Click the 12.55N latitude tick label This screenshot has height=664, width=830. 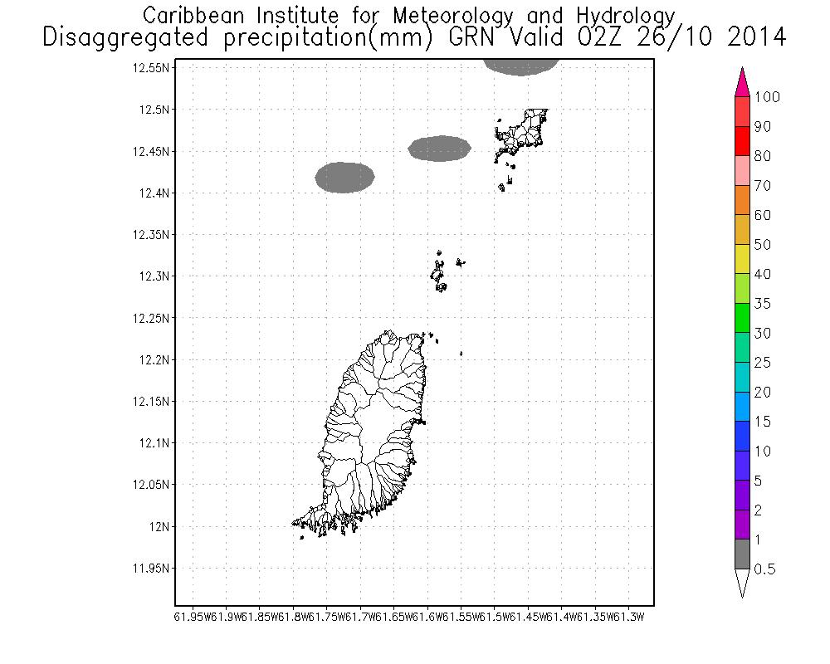[151, 68]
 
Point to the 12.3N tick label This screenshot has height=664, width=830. [154, 276]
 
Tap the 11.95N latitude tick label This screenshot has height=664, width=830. [151, 569]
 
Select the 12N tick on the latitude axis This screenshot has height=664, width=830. [159, 526]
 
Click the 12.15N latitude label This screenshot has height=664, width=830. [151, 402]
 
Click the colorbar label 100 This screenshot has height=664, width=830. [767, 97]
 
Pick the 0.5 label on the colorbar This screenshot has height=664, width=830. [764, 569]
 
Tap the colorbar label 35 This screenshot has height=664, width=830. [762, 304]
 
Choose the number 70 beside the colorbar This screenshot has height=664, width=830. [762, 186]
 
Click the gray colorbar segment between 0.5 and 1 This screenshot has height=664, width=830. [743, 554]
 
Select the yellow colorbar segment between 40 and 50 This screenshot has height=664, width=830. [743, 259]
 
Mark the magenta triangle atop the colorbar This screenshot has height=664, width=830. [743, 82]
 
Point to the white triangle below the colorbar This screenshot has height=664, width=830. [743, 583]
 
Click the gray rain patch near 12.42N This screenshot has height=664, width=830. [345, 177]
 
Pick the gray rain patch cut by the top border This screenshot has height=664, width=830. [520, 66]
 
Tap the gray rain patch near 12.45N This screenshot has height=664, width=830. [440, 148]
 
